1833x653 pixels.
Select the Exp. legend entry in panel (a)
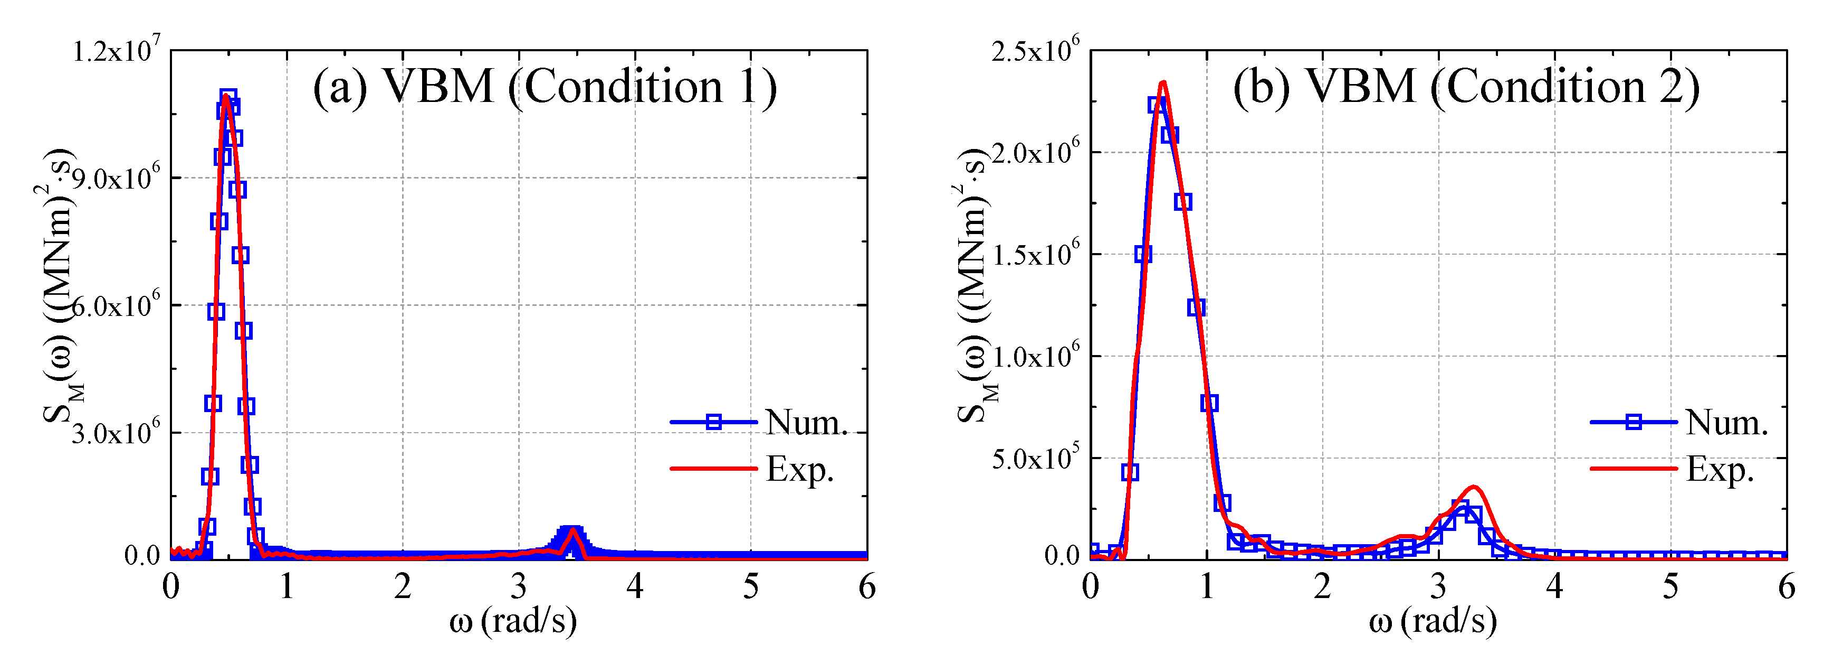tap(799, 469)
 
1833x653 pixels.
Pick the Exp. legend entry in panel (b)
tap(1719, 469)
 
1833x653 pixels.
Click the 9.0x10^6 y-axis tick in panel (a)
tap(116, 178)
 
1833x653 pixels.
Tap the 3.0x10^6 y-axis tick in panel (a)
tap(116, 432)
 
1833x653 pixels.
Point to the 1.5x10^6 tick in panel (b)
tap(1035, 254)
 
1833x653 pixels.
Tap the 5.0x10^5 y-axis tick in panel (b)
tap(1035, 458)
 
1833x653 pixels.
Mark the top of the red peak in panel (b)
tap(1163, 83)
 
